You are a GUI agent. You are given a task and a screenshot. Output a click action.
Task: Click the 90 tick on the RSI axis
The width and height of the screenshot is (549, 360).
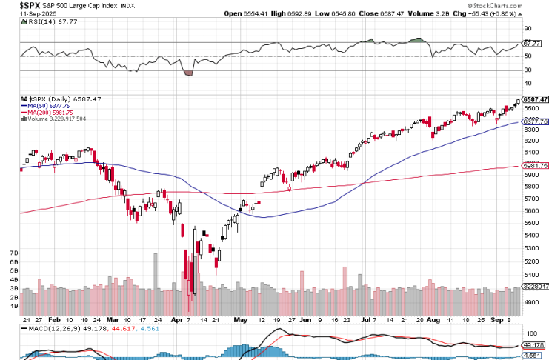pyautogui.click(x=528, y=29)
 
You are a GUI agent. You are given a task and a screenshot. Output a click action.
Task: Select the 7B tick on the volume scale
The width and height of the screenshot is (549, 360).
pyautogui.click(x=13, y=253)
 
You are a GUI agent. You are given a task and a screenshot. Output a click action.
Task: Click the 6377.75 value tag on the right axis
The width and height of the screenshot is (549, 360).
pyautogui.click(x=535, y=121)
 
